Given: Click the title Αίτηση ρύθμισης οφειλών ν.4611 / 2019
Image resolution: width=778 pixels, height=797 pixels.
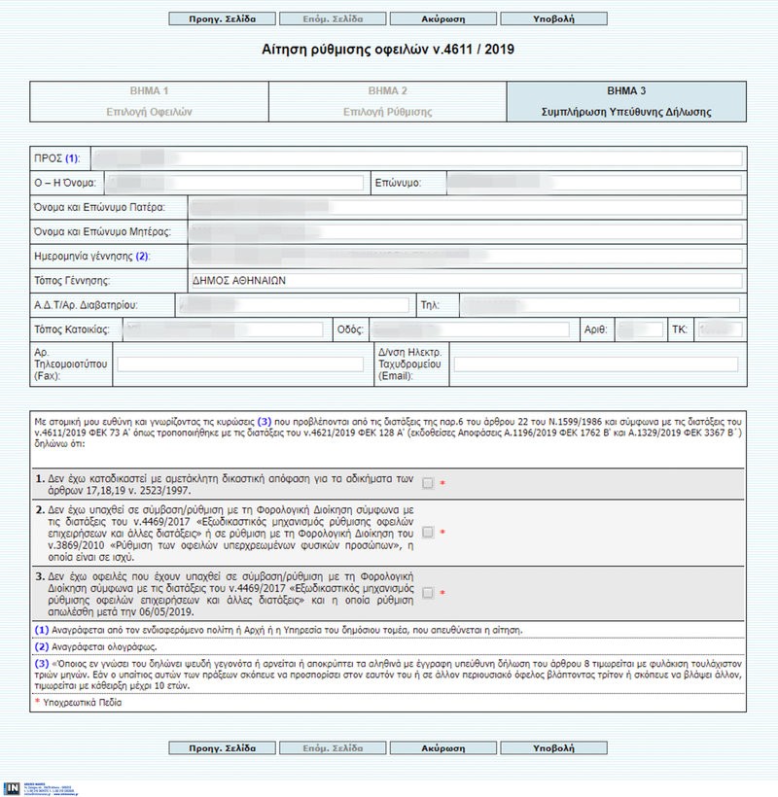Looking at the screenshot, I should (388, 48).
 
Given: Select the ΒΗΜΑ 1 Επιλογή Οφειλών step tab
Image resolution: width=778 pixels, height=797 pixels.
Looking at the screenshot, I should (149, 101).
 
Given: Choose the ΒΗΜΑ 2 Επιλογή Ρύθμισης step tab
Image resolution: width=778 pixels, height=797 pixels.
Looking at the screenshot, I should (387, 101).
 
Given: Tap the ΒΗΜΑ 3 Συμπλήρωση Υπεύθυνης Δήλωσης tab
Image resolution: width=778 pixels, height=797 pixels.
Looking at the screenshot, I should (626, 101).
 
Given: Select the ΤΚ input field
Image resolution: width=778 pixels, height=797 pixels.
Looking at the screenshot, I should (717, 330).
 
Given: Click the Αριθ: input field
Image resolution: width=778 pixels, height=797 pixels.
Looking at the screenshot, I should (640, 330).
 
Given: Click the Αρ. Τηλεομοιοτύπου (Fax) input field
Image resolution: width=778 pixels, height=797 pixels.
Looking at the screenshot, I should (237, 364).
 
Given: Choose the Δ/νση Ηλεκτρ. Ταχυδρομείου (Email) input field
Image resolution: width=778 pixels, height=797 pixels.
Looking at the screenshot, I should (595, 364).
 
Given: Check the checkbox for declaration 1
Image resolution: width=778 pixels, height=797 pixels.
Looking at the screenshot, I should (428, 482).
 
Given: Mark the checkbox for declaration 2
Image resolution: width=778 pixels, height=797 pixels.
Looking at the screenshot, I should (428, 532).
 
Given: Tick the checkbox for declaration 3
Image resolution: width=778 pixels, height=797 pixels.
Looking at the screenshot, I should (428, 592).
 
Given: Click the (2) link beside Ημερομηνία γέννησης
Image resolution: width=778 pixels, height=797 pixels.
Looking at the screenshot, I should (142, 257).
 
